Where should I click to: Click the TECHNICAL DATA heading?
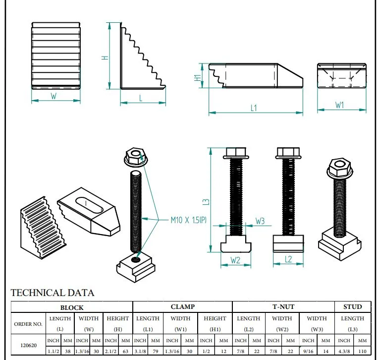[x=53, y=293]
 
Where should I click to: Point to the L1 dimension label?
[x=253, y=108]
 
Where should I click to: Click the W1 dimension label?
[x=340, y=105]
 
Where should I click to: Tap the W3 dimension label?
[x=261, y=221]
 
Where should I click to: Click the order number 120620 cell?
[x=28, y=345]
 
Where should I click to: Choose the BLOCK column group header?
[x=72, y=307]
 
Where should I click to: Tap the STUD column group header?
[x=352, y=307]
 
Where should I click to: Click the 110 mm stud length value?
[x=362, y=352]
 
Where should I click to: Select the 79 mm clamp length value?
[x=156, y=352]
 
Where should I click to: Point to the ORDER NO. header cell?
[x=28, y=324]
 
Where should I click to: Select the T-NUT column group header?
[x=283, y=307]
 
